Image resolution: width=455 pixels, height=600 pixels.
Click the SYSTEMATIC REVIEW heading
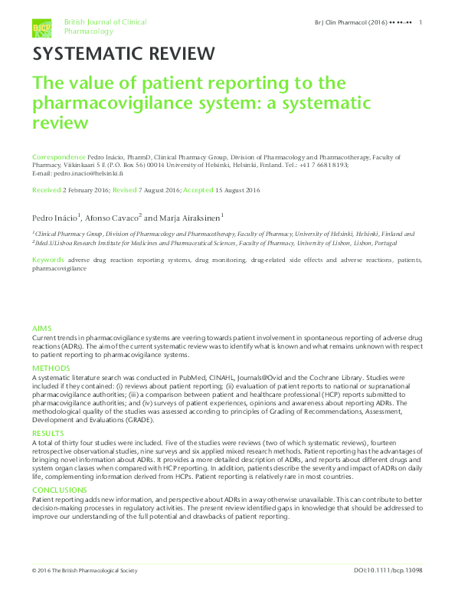123,54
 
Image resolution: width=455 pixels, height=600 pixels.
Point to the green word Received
46,189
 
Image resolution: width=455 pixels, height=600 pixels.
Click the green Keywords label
48,261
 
